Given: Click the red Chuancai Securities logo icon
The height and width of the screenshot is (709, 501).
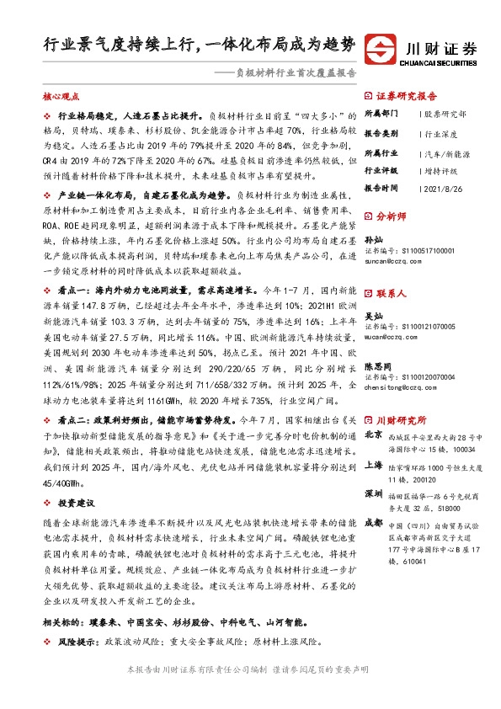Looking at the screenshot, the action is [383, 50].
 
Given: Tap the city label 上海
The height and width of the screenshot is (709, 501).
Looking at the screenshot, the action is [376, 466].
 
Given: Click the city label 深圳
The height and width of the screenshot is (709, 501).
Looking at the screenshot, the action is [376, 493].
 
